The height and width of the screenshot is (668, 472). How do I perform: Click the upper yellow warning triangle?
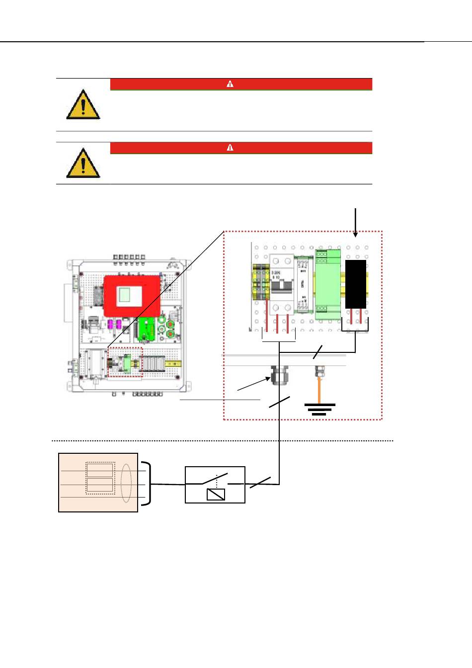click(83, 105)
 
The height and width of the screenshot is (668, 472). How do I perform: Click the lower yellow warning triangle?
click(83, 164)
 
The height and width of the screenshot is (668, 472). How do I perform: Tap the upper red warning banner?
click(241, 84)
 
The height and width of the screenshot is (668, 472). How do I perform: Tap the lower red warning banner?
click(241, 148)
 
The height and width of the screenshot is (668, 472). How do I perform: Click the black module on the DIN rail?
click(355, 284)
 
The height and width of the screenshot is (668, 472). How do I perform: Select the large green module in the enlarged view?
click(328, 284)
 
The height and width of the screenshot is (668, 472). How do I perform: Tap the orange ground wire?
click(319, 390)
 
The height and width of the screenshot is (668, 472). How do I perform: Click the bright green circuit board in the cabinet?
click(147, 329)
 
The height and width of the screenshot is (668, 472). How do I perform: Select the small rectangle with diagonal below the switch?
click(216, 494)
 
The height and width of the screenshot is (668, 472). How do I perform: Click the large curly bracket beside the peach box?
click(146, 484)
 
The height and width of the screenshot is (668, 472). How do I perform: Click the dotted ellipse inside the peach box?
click(126, 484)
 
